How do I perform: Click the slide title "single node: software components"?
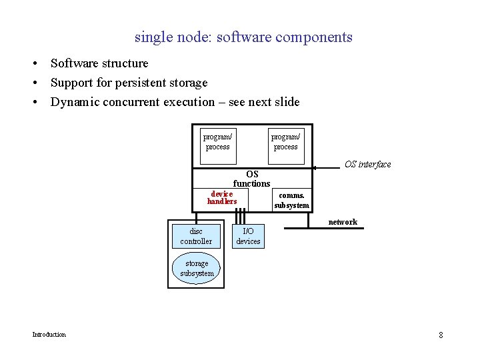[x=243, y=37]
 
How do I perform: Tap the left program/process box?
[x=218, y=145]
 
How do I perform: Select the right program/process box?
[x=286, y=145]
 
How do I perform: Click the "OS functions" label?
[x=251, y=179]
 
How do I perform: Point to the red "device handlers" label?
[x=222, y=197]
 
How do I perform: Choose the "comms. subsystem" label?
[x=291, y=201]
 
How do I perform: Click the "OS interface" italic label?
[x=367, y=164]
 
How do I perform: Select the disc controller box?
[x=196, y=236]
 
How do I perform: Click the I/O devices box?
[x=248, y=236]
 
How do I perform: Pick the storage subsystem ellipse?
[x=197, y=268]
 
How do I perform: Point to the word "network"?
[x=343, y=221]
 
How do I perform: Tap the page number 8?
[x=441, y=335]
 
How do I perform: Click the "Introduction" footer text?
[x=49, y=334]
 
